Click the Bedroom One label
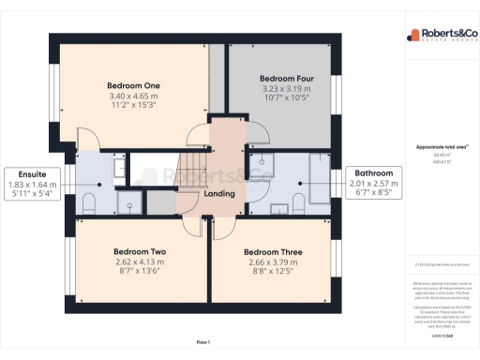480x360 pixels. pyautogui.click(x=133, y=85)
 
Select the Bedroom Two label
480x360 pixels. pyautogui.click(x=140, y=251)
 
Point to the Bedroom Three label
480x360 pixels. pyautogui.click(x=272, y=251)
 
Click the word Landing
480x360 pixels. pyautogui.click(x=219, y=193)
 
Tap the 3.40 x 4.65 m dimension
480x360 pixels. pyautogui.click(x=133, y=97)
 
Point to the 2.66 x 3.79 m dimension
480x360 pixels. pyautogui.click(x=272, y=262)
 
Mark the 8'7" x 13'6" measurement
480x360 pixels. pyautogui.click(x=140, y=273)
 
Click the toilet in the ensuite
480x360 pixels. pyautogui.click(x=90, y=203)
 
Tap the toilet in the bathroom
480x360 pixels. pyautogui.click(x=298, y=202)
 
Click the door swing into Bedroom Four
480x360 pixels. pyautogui.click(x=251, y=130)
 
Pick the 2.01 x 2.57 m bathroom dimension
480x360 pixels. pyautogui.click(x=374, y=185)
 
